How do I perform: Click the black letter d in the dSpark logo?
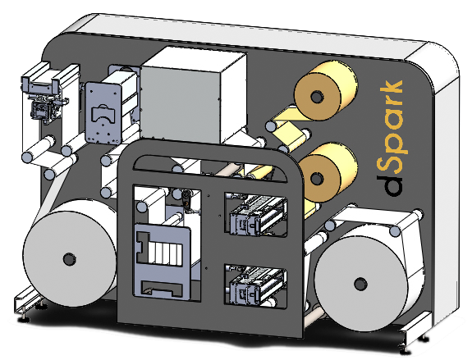(390, 186)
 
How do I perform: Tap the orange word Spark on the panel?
(391, 125)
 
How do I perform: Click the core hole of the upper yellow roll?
(316, 97)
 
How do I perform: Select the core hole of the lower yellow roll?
(316, 180)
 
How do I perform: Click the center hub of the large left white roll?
(70, 259)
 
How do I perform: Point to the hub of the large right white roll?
(360, 285)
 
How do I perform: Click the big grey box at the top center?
(193, 95)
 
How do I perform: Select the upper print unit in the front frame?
(257, 215)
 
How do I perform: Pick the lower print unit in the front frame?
(257, 286)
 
